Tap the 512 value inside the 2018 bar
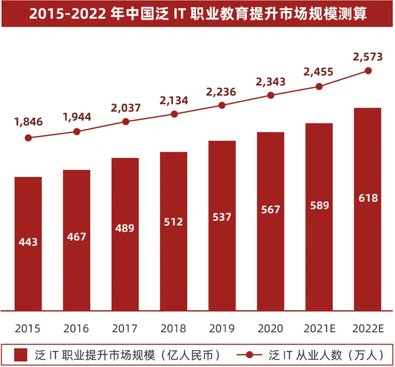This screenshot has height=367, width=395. click(x=174, y=222)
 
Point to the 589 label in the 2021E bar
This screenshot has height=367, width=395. click(x=319, y=205)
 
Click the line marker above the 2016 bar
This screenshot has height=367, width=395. click(x=77, y=132)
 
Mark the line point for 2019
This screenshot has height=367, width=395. click(x=222, y=105)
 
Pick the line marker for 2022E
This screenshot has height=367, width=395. click(x=368, y=70)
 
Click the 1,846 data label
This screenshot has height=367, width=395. click(x=28, y=122)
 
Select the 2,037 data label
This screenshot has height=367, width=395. click(x=126, y=107)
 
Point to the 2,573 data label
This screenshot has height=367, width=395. click(x=368, y=56)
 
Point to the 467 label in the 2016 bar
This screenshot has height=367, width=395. click(x=76, y=237)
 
